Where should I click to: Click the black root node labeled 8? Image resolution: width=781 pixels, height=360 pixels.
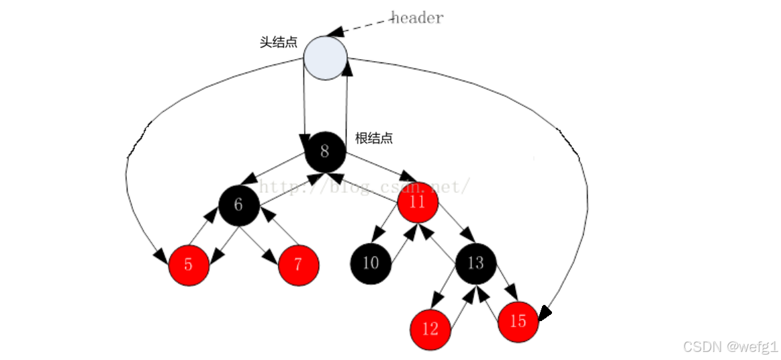(x=325, y=151)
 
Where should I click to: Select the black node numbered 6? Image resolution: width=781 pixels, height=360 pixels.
(x=238, y=205)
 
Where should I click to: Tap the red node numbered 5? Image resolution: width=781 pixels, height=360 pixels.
(x=189, y=265)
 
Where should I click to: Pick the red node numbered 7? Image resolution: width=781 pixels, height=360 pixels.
(x=298, y=265)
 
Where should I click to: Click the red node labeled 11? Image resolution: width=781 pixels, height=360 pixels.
(x=418, y=201)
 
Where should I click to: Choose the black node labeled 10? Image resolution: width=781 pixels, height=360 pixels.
(x=371, y=263)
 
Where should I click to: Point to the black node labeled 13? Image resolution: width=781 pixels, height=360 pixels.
(x=475, y=263)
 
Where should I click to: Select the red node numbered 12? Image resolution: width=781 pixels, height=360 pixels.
(x=430, y=329)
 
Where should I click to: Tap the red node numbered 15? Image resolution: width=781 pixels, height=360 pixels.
(x=518, y=322)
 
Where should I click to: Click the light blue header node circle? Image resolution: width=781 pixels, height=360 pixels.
(x=325, y=58)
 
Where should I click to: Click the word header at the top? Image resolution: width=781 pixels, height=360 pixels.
(x=417, y=18)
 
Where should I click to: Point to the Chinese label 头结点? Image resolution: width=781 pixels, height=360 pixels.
(x=279, y=42)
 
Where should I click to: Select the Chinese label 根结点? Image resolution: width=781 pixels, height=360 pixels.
(x=374, y=139)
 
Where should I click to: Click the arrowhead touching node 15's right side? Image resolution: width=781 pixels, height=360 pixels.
(x=545, y=312)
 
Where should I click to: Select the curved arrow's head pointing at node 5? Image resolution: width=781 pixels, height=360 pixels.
(x=160, y=257)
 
